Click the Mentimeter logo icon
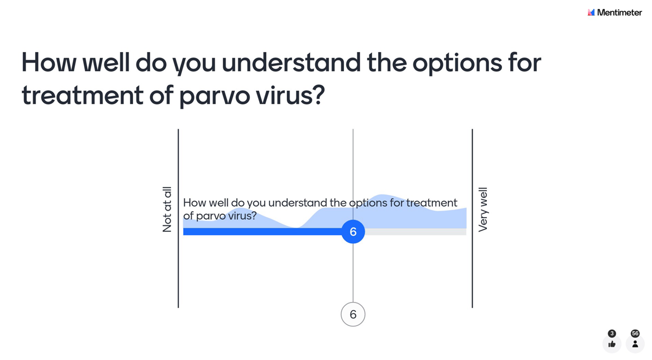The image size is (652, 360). click(x=591, y=12)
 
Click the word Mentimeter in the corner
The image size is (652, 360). click(x=619, y=12)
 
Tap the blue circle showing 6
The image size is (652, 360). click(x=353, y=232)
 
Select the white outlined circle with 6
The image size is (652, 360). click(x=353, y=314)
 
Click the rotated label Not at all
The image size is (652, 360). click(x=167, y=210)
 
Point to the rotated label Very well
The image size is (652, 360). click(x=482, y=210)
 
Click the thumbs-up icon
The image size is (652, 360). click(x=612, y=344)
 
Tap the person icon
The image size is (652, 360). click(x=635, y=344)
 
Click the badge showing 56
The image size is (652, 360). click(x=635, y=333)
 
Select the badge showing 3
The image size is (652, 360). click(x=612, y=333)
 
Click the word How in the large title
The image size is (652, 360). click(x=47, y=63)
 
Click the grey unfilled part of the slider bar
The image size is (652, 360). click(x=416, y=232)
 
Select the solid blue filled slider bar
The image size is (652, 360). click(x=261, y=232)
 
